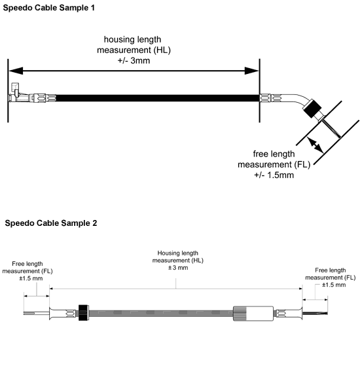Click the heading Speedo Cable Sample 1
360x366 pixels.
pos(48,8)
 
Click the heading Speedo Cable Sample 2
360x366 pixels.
pos(51,223)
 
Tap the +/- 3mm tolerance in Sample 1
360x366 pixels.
pos(134,61)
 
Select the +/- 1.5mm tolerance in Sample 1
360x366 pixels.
pos(274,175)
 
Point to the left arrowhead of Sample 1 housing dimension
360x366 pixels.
pos(16,71)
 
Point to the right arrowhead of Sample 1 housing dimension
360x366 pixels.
pos(252,71)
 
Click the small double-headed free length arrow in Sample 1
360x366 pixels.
pos(315,145)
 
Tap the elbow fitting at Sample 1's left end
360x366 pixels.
pos(16,90)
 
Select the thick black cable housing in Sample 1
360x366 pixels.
pos(158,98)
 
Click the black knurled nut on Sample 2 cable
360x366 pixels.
pos(83,312)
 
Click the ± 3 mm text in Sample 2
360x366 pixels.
pos(178,268)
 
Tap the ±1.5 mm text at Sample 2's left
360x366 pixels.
pos(31,278)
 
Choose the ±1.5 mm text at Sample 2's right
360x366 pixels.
pos(334,285)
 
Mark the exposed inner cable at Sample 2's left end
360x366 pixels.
pos(37,313)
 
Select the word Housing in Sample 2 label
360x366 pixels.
pos(168,253)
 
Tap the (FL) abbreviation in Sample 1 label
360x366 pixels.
pos(302,164)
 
